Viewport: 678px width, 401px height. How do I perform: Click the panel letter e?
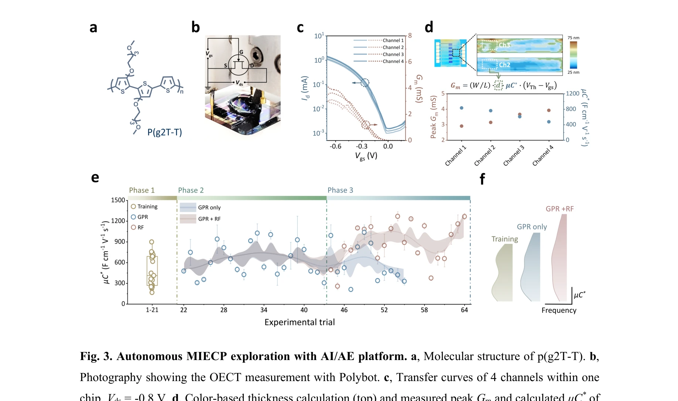[95, 178]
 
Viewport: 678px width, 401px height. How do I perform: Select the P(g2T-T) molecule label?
[164, 132]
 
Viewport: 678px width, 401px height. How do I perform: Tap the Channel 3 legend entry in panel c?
[393, 54]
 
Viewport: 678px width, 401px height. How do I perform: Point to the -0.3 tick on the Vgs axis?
[362, 146]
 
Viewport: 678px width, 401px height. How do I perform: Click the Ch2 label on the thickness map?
[504, 65]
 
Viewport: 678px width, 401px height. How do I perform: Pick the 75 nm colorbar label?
[573, 38]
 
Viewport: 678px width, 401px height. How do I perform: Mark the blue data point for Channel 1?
[462, 108]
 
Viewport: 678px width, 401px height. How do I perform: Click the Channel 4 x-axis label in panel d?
[543, 155]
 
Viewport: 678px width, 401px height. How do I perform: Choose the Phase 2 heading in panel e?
[191, 190]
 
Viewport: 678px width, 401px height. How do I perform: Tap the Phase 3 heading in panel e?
[340, 190]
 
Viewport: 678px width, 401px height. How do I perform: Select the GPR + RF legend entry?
[209, 219]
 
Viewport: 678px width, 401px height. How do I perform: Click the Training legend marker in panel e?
[133, 207]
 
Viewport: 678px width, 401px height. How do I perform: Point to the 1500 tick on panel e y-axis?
[118, 200]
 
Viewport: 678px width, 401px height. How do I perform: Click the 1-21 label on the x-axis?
[152, 310]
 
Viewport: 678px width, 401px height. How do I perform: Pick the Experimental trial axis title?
[299, 322]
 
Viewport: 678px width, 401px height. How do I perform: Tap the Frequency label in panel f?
[559, 310]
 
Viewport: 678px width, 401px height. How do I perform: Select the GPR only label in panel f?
[531, 227]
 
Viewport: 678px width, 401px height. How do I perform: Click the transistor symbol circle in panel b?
[239, 65]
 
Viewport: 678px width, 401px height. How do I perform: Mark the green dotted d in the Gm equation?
[498, 86]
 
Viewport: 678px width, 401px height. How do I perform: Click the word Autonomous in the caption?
[150, 356]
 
